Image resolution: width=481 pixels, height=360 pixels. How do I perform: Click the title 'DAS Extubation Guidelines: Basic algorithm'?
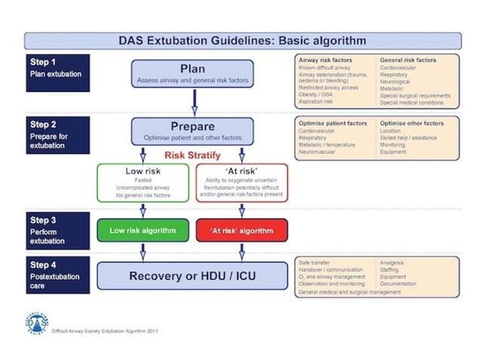coord(242,41)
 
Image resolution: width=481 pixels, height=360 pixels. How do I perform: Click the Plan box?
coord(192,73)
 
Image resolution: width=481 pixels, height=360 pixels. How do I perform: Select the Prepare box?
coord(192,131)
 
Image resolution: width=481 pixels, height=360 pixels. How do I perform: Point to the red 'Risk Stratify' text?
coord(192,155)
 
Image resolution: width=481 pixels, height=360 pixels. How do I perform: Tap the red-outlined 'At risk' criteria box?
coord(241,182)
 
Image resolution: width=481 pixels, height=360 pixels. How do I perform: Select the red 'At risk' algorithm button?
coord(241,230)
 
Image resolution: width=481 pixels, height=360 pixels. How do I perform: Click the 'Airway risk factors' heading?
coord(323,59)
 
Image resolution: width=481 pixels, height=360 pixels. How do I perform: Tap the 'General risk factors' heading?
coord(408,59)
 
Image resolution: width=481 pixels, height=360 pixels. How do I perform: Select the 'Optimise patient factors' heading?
coord(332,122)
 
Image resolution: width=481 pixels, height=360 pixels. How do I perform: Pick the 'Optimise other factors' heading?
coord(412,122)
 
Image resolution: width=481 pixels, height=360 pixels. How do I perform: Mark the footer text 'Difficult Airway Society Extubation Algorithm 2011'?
coord(106,331)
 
